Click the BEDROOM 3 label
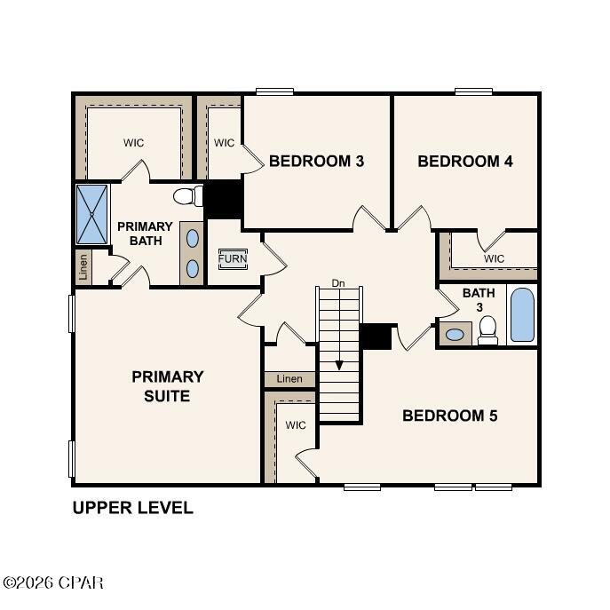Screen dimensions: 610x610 (316, 162)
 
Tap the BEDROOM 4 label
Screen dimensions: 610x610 (465, 162)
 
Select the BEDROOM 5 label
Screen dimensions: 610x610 (450, 416)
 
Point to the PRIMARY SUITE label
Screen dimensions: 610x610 (168, 386)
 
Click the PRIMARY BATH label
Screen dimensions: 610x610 (145, 234)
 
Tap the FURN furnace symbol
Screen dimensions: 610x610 (233, 259)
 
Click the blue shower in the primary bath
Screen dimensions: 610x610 (91, 214)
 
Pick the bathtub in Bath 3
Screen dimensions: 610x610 (523, 315)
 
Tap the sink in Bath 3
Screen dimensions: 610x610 (455, 335)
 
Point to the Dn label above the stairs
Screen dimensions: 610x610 (338, 283)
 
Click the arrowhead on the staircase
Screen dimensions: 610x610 (338, 364)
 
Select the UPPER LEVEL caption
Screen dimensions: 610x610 (132, 509)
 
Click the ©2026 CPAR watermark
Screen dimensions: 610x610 (53, 583)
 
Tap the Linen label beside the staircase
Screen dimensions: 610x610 (289, 379)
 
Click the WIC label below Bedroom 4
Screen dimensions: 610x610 (494, 258)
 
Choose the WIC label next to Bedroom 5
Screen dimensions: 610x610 (296, 425)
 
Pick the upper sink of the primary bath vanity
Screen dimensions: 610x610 (193, 237)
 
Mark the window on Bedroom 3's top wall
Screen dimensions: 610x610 (274, 91)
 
